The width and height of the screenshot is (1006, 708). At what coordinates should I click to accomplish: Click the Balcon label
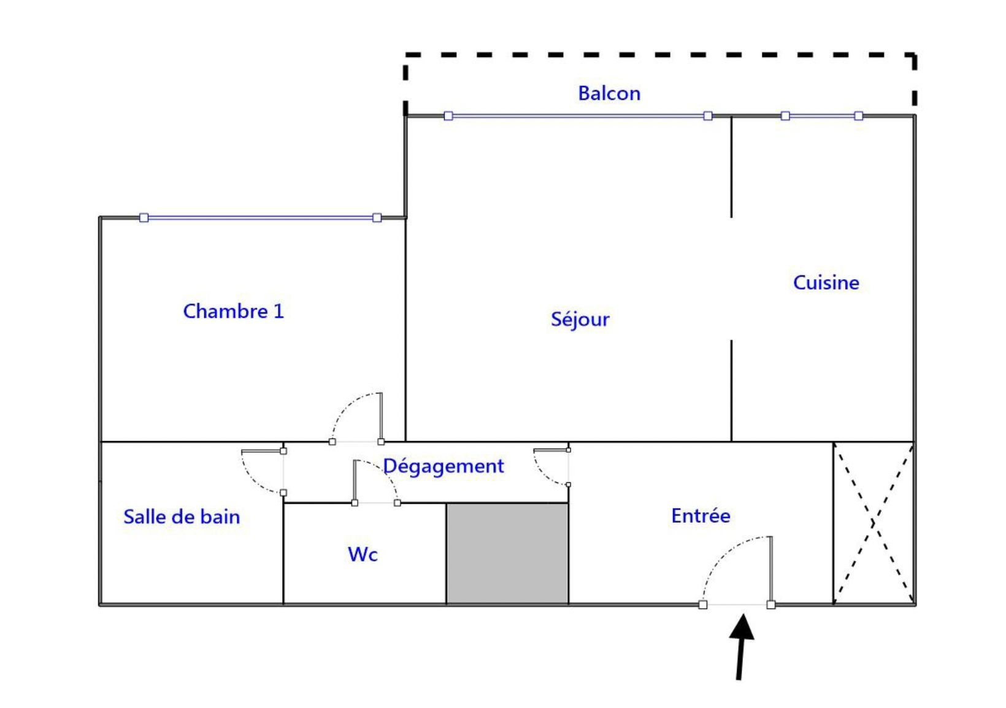(609, 93)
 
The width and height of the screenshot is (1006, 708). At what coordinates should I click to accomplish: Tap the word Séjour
(580, 320)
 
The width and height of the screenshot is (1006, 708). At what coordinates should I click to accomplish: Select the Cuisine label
(826, 283)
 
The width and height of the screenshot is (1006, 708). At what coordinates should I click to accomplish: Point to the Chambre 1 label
(233, 311)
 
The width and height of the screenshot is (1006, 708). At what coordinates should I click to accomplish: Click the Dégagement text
(443, 466)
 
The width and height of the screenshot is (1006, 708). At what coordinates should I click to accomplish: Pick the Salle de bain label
(182, 517)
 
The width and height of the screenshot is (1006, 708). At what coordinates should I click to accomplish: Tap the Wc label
(363, 555)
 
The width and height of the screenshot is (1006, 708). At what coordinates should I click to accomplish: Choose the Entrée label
(701, 516)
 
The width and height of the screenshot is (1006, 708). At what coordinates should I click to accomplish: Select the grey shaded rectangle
(507, 553)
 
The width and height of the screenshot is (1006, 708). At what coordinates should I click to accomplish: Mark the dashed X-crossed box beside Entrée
(874, 523)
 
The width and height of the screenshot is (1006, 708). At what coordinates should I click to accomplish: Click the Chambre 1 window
(261, 218)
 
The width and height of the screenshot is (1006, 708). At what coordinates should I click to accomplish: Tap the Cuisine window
(822, 116)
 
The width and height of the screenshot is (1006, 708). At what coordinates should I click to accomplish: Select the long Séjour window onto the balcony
(578, 116)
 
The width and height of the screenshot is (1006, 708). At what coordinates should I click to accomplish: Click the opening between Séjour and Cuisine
(731, 279)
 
